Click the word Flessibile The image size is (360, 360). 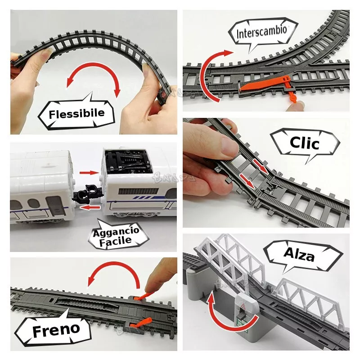(x=76, y=114)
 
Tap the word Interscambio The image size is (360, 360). (x=262, y=32)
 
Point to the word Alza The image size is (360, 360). (x=299, y=254)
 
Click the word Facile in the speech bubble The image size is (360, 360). (x=116, y=241)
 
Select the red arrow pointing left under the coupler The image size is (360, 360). (x=90, y=208)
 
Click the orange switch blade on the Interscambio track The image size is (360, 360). (x=264, y=84)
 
